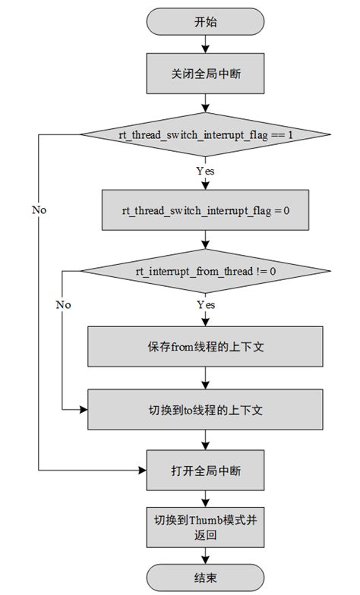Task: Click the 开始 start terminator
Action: tap(205, 22)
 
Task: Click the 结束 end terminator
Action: tap(205, 576)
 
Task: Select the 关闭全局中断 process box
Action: tap(205, 74)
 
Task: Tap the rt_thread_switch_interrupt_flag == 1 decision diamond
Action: tap(205, 134)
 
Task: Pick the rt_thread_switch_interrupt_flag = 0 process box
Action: tap(205, 209)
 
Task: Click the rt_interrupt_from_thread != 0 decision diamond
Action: tap(205, 269)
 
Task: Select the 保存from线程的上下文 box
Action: tap(205, 347)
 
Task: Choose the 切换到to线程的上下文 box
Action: tap(205, 410)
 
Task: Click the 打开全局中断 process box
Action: tap(205, 471)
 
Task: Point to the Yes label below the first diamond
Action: tap(205, 172)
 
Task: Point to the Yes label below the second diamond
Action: tap(205, 305)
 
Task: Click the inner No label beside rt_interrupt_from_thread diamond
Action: tap(63, 304)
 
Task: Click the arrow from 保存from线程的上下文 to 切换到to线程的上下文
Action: tap(205, 378)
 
